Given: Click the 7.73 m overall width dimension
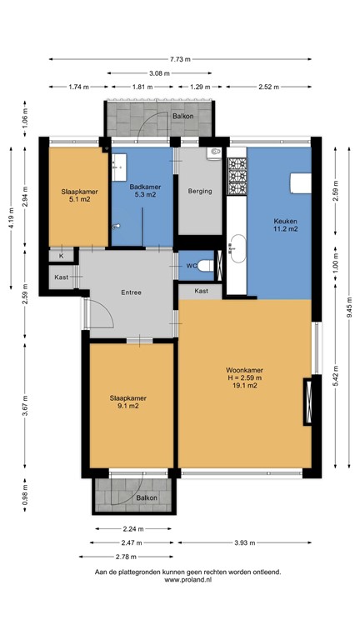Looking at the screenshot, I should point(180,59).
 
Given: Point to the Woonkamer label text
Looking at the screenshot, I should point(243,370).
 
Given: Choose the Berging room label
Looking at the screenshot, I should point(200,191).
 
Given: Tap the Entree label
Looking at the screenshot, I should point(131,292).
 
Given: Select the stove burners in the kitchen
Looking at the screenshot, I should point(237,177).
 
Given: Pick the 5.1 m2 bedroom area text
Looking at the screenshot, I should point(77,200).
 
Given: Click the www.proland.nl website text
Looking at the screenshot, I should point(187,581).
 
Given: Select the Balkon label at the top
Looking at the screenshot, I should point(182,117).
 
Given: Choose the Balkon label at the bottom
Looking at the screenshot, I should point(147,497).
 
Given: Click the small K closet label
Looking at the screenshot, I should point(62,257).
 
